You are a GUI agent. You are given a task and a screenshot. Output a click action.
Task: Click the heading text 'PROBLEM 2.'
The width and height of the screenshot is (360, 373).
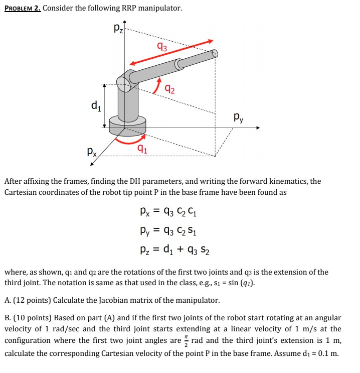click(x=23, y=8)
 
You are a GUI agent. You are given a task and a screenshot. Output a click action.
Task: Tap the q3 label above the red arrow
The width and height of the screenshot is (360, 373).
click(x=161, y=49)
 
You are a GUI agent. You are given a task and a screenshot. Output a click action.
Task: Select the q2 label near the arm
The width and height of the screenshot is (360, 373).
click(x=170, y=90)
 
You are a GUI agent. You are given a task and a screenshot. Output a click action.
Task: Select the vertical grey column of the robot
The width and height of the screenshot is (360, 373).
click(x=128, y=103)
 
